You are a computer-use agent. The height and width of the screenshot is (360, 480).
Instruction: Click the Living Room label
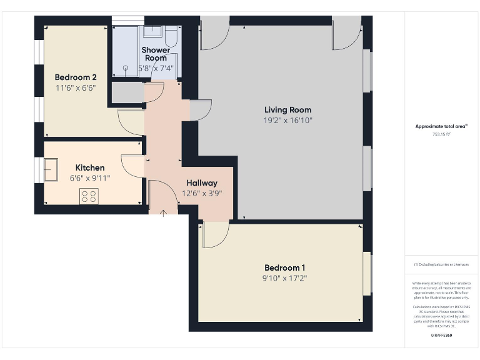click(x=287, y=110)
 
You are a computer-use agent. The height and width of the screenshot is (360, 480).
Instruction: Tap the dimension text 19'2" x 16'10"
click(x=287, y=120)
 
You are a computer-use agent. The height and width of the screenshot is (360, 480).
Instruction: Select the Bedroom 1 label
click(x=285, y=267)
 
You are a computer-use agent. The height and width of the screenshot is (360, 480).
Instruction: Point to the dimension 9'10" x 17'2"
click(x=285, y=278)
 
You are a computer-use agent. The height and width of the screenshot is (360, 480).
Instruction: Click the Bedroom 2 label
click(x=76, y=77)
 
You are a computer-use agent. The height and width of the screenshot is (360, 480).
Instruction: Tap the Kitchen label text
click(x=90, y=167)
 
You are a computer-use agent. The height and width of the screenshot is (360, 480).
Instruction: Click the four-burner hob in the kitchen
click(x=89, y=196)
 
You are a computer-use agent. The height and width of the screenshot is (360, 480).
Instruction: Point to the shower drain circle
click(x=126, y=68)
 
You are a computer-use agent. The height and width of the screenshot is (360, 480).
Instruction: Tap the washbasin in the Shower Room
click(x=153, y=31)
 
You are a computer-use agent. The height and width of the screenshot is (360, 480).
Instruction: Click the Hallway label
click(x=201, y=183)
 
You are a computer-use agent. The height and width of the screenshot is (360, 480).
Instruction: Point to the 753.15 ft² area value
click(x=441, y=134)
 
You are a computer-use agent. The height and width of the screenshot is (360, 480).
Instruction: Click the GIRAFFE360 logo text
click(x=441, y=336)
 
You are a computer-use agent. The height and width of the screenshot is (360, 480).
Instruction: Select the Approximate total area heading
click(x=441, y=126)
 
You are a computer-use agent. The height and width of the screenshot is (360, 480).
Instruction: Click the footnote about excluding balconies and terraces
click(x=441, y=264)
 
